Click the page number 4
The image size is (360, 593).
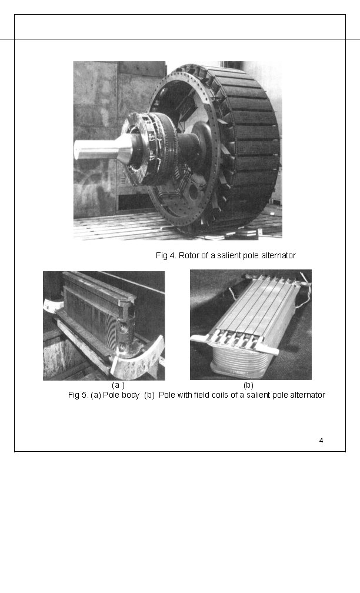(321, 440)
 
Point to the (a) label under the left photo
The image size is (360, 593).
(118, 385)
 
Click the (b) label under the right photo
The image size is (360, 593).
(248, 385)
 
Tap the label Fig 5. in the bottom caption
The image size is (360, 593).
(78, 395)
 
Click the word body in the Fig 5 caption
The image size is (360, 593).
(131, 395)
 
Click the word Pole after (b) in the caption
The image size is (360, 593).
(167, 395)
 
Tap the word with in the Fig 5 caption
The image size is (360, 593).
(184, 395)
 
